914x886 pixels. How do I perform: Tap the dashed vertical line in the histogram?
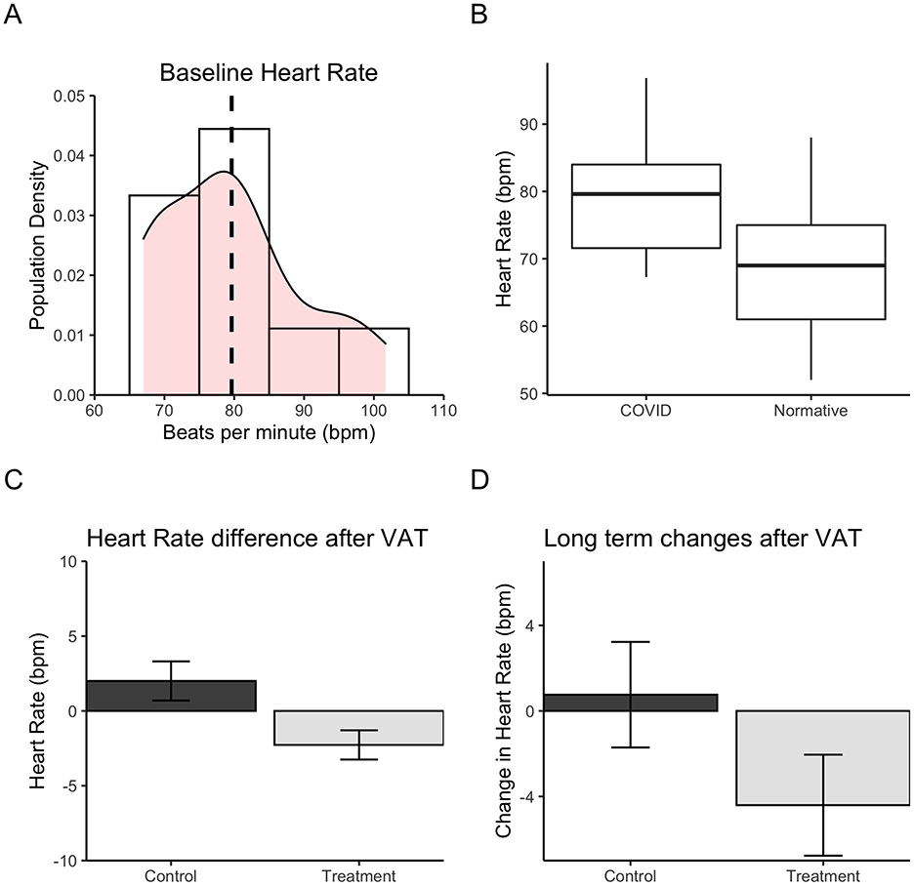point(231,244)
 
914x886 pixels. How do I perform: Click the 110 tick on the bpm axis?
point(444,411)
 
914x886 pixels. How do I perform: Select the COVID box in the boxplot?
point(646,206)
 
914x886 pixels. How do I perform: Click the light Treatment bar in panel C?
point(358,728)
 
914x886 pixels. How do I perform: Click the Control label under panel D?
point(631,875)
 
